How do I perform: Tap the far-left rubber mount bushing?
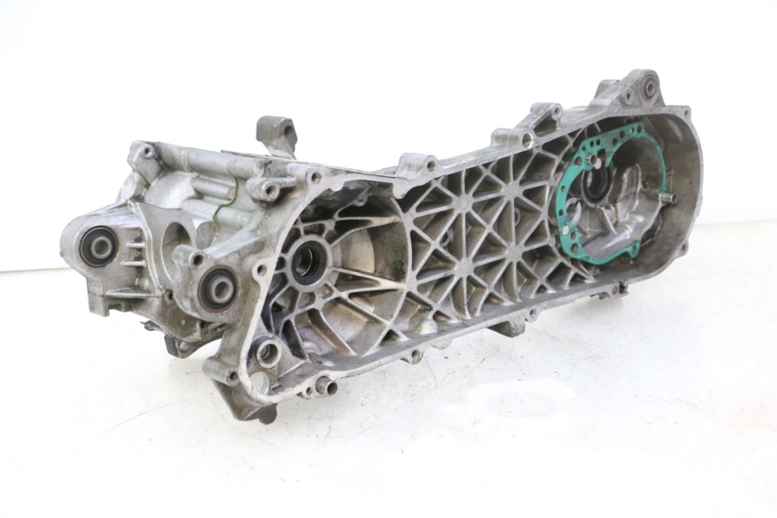coord(97,246)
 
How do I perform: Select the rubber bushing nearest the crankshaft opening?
coord(218,287)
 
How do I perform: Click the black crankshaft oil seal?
coord(309,263)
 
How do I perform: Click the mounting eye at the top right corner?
coord(648,88)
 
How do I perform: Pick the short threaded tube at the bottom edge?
coord(324,388)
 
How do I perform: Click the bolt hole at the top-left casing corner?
coord(145,150)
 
